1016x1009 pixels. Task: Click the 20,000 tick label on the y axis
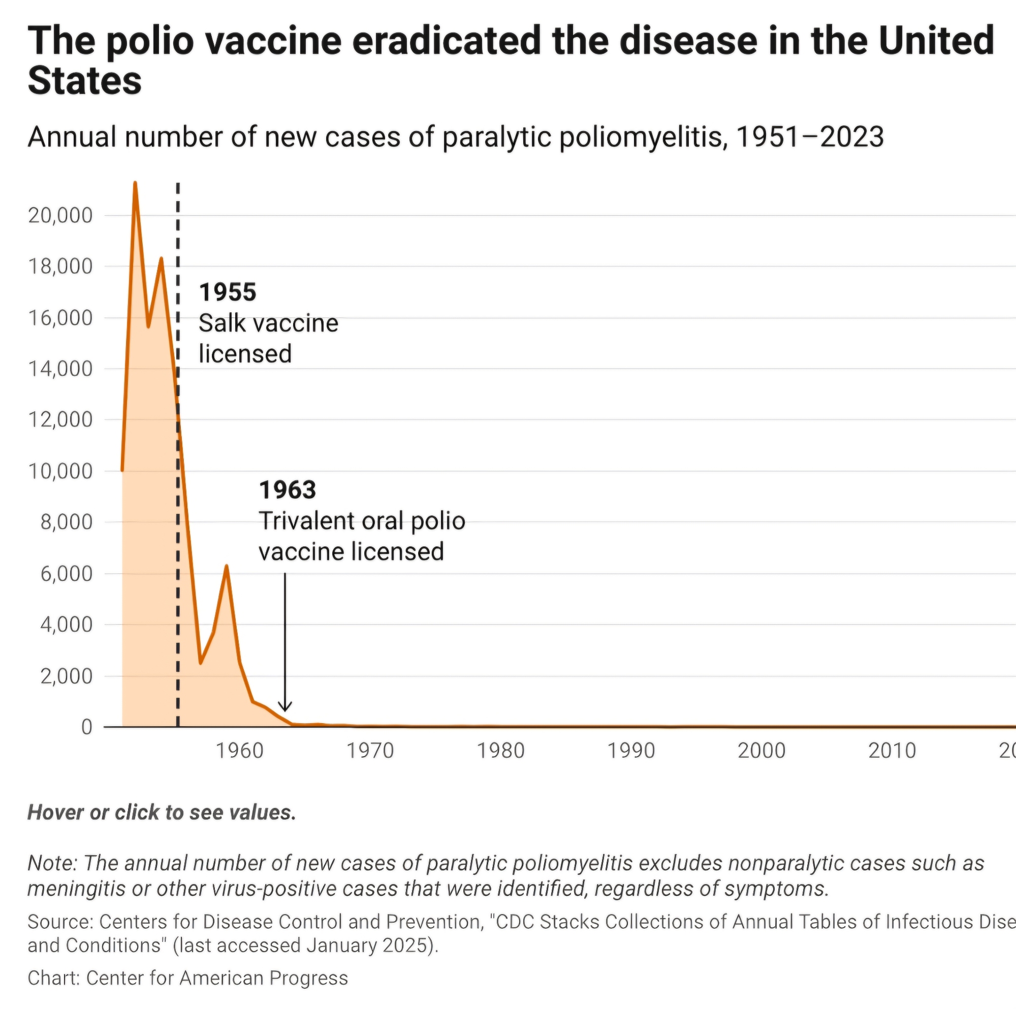(x=60, y=216)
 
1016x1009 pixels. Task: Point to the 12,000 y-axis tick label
(x=60, y=420)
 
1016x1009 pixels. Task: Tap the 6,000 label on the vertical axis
(x=66, y=574)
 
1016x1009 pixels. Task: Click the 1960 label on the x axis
(x=240, y=751)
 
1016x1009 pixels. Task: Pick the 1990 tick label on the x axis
(x=631, y=751)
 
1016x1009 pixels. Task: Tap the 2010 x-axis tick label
(x=892, y=751)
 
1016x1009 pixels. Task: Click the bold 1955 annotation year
(x=228, y=292)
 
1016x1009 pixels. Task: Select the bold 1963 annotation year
(x=288, y=490)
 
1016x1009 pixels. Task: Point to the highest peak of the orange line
(x=135, y=183)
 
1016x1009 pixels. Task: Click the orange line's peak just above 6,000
(x=226, y=566)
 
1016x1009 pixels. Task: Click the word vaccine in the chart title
(x=274, y=41)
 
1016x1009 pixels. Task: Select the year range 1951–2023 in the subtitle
(x=810, y=137)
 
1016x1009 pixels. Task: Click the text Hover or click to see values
(x=162, y=813)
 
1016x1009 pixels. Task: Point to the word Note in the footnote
(x=51, y=863)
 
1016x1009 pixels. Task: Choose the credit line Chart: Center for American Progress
(x=188, y=978)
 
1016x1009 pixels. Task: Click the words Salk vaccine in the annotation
(x=268, y=323)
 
